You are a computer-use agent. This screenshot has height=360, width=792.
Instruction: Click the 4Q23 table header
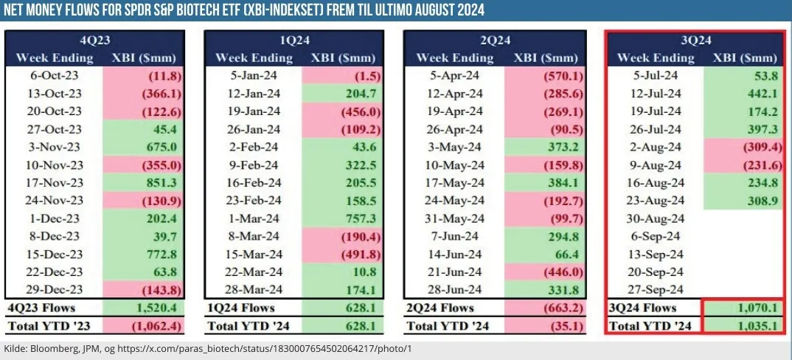(x=96, y=41)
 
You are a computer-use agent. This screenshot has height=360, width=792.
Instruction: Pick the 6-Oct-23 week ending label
(x=54, y=75)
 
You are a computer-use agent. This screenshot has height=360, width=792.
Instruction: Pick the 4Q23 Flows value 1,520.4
(x=143, y=307)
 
